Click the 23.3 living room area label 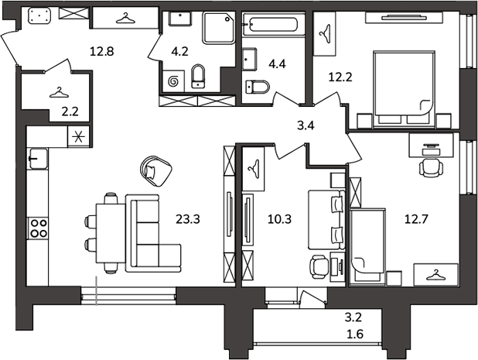point(187,219)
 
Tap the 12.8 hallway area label point(102,51)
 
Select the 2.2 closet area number point(70,111)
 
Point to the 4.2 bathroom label point(179,51)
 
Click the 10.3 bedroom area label point(279,219)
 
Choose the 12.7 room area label point(416,219)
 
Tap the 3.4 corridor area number point(306,125)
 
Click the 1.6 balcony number point(355,334)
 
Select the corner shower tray point(219,28)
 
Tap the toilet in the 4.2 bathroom point(199,77)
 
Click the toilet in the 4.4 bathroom point(258,87)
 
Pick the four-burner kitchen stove point(37,228)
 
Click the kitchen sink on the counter point(38,159)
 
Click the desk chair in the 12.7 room point(431,167)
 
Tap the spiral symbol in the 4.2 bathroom point(173,81)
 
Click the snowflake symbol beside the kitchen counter point(78,137)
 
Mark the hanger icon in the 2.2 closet point(59,93)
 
